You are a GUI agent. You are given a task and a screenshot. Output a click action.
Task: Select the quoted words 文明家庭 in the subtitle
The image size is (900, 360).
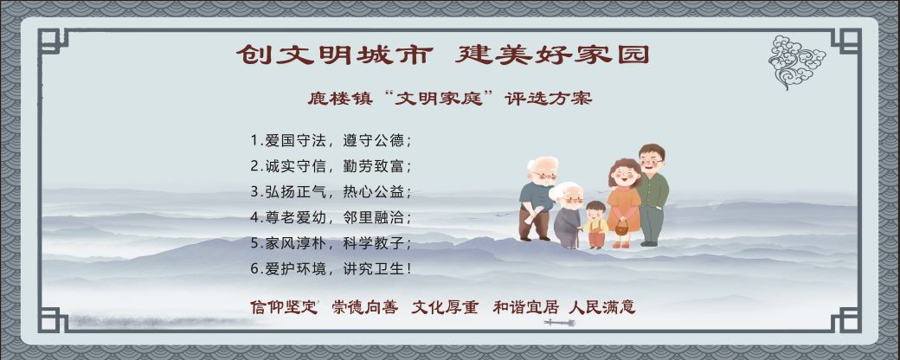[445, 99]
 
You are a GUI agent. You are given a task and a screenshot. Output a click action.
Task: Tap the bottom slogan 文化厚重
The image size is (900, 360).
[445, 307]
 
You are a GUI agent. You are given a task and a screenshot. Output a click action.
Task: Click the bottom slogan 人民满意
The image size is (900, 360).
[602, 307]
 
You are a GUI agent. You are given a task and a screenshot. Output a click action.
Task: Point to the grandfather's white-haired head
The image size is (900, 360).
[543, 169]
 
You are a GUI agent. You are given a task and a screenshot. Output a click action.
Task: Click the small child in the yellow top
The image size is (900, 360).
[595, 223]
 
